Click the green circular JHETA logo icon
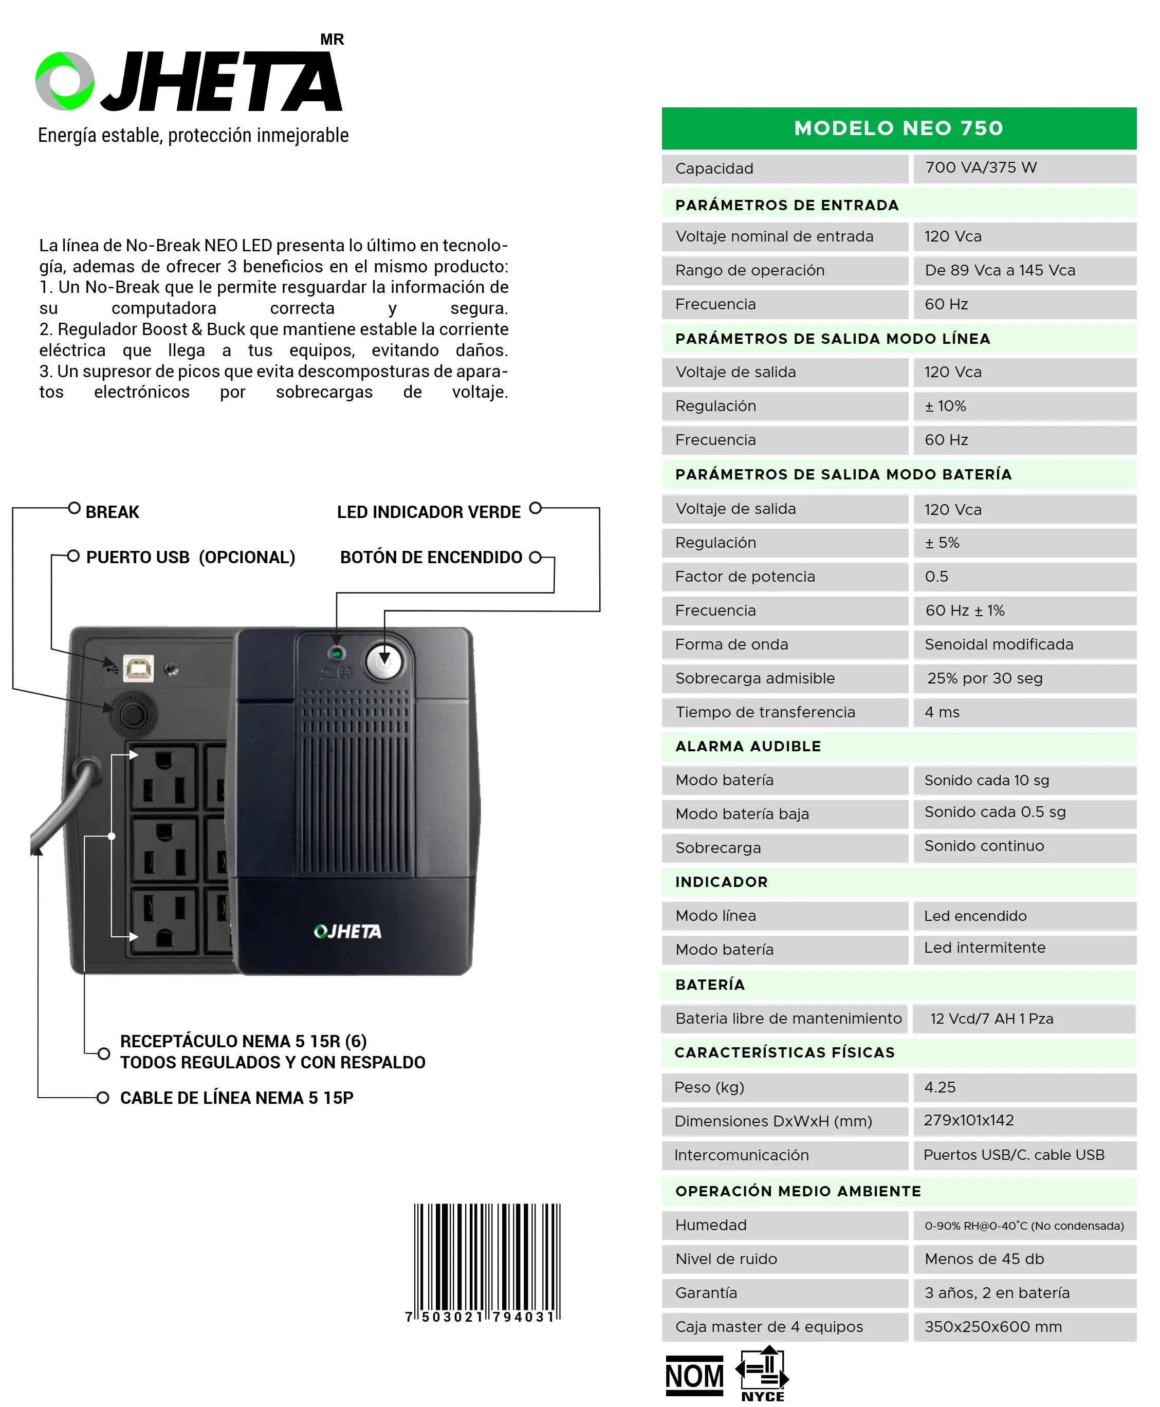tap(65, 81)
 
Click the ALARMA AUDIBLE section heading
tap(748, 746)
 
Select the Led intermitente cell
tap(984, 948)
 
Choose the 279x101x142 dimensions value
tap(968, 1120)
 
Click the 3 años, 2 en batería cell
tap(996, 1293)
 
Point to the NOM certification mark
tap(694, 1376)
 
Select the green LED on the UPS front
tap(337, 653)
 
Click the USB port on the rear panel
tap(138, 668)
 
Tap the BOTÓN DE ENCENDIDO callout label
tap(431, 557)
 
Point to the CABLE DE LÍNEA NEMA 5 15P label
tap(236, 1098)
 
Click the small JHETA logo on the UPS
tap(347, 931)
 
